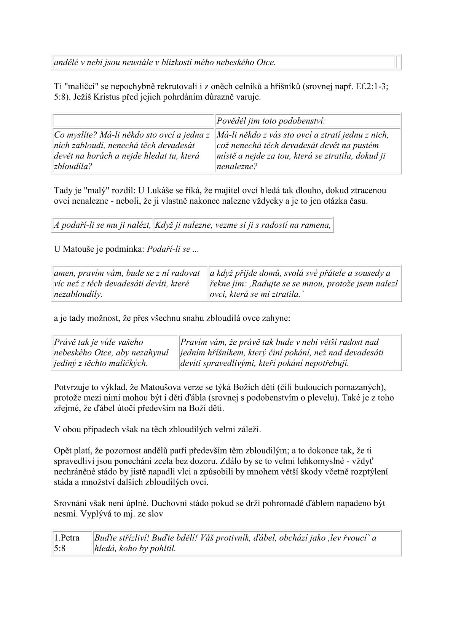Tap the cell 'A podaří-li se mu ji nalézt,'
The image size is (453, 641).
tap(102, 225)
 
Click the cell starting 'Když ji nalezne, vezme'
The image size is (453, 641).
tap(242, 225)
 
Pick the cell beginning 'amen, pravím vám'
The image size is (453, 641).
tap(130, 284)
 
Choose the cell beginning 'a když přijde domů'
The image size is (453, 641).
tap(304, 284)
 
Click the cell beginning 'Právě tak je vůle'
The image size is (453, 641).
tap(115, 353)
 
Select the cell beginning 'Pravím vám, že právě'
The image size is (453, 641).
tap(290, 353)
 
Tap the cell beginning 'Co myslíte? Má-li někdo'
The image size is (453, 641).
tap(133, 150)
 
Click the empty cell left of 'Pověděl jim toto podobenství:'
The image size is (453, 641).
tap(133, 121)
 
